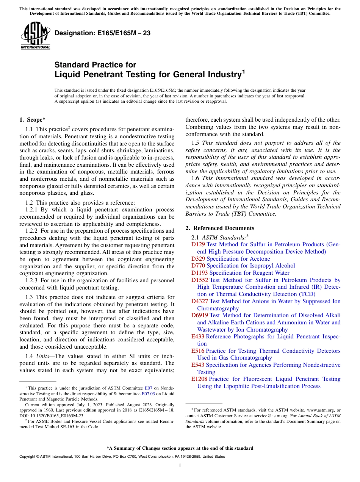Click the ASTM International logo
tap(35, 36)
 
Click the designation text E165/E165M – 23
tap(102, 33)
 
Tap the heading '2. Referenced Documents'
tap(220, 228)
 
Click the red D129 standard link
tap(198, 245)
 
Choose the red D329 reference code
tap(198, 259)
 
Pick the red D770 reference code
tap(198, 266)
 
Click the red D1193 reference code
tap(200, 273)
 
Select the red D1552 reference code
tap(200, 280)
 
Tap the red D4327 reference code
tap(200, 301)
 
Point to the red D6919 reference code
tap(200, 315)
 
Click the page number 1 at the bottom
tap(180, 466)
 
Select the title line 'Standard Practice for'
tap(95, 65)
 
